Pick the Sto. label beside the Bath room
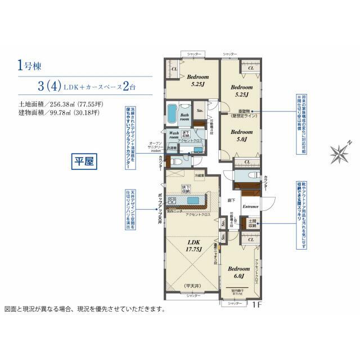[x=199, y=110]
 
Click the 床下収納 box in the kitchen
[x=186, y=188]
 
